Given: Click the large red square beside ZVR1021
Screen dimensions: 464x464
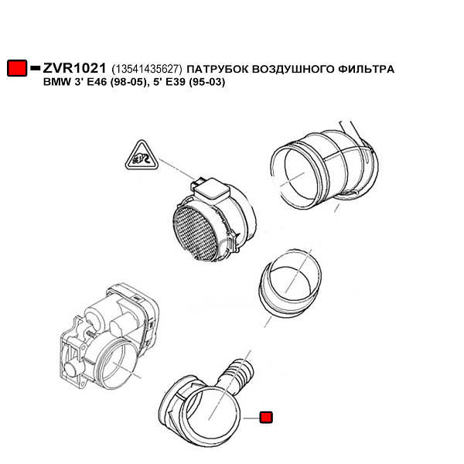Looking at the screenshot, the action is point(17,68).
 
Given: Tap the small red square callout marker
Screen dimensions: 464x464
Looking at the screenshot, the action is point(266,418).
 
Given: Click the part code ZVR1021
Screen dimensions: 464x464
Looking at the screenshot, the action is point(74,68).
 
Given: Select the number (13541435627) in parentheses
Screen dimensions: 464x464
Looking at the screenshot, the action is point(146,70).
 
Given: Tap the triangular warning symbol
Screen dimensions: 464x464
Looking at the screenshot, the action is point(142,156).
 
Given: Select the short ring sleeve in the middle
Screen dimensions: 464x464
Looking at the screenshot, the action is point(290,281).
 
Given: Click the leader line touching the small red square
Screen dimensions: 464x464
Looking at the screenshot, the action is point(251,418).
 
